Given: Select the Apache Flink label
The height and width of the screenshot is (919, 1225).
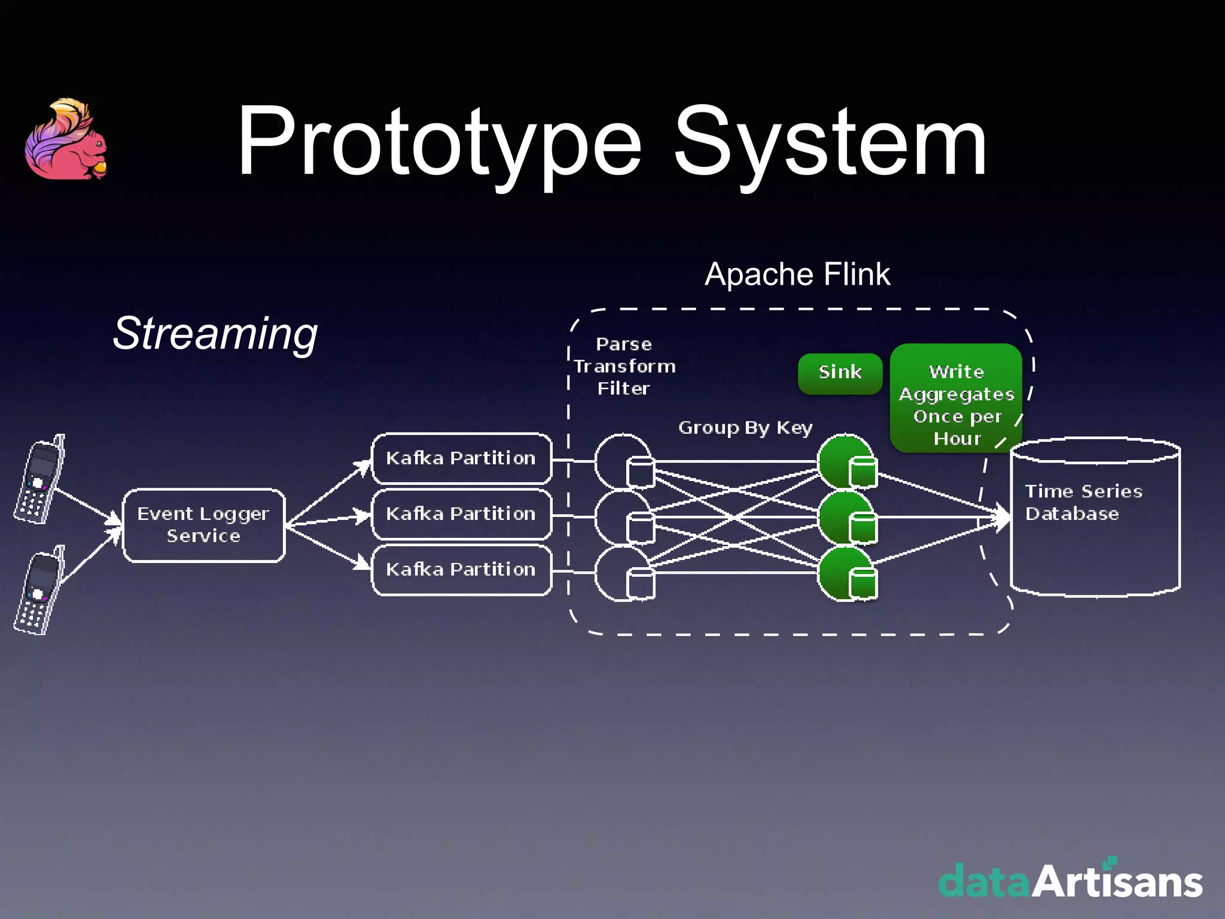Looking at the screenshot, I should tap(797, 275).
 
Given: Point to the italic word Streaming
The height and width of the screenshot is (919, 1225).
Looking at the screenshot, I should tap(215, 333).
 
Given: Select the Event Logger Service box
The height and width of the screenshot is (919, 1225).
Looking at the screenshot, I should tap(203, 525).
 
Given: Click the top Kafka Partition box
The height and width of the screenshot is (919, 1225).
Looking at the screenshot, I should tap(461, 458).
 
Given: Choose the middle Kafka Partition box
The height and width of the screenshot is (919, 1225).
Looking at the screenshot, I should tap(461, 514).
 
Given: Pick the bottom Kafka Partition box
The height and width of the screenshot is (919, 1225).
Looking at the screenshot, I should tap(461, 570).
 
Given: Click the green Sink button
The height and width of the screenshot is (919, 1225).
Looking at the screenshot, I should tap(840, 373).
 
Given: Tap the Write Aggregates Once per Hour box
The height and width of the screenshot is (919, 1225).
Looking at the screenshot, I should tap(956, 398).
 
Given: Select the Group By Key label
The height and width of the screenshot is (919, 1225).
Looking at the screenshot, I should tap(745, 428).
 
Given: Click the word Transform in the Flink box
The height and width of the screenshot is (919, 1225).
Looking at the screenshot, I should tap(624, 366).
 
